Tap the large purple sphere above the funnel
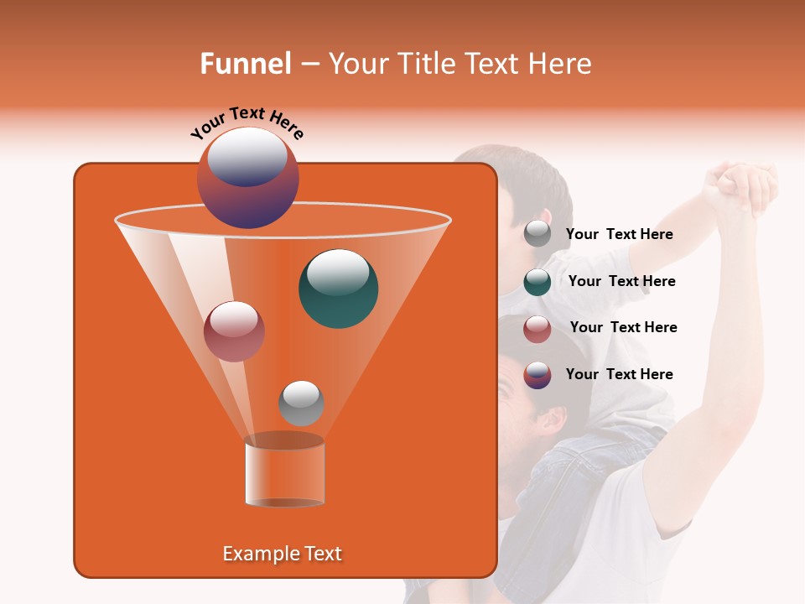tap(247, 178)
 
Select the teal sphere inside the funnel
tap(338, 289)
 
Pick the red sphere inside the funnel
tap(234, 331)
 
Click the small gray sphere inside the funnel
tap(301, 403)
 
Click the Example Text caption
tap(282, 554)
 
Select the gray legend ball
tap(538, 234)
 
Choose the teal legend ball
tap(538, 281)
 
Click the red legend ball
tap(538, 328)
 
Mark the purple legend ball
tap(538, 374)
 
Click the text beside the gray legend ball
tap(619, 235)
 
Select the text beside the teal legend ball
tap(621, 281)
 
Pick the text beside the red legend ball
tap(623, 327)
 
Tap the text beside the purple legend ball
tap(619, 374)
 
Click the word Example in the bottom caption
tap(260, 554)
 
